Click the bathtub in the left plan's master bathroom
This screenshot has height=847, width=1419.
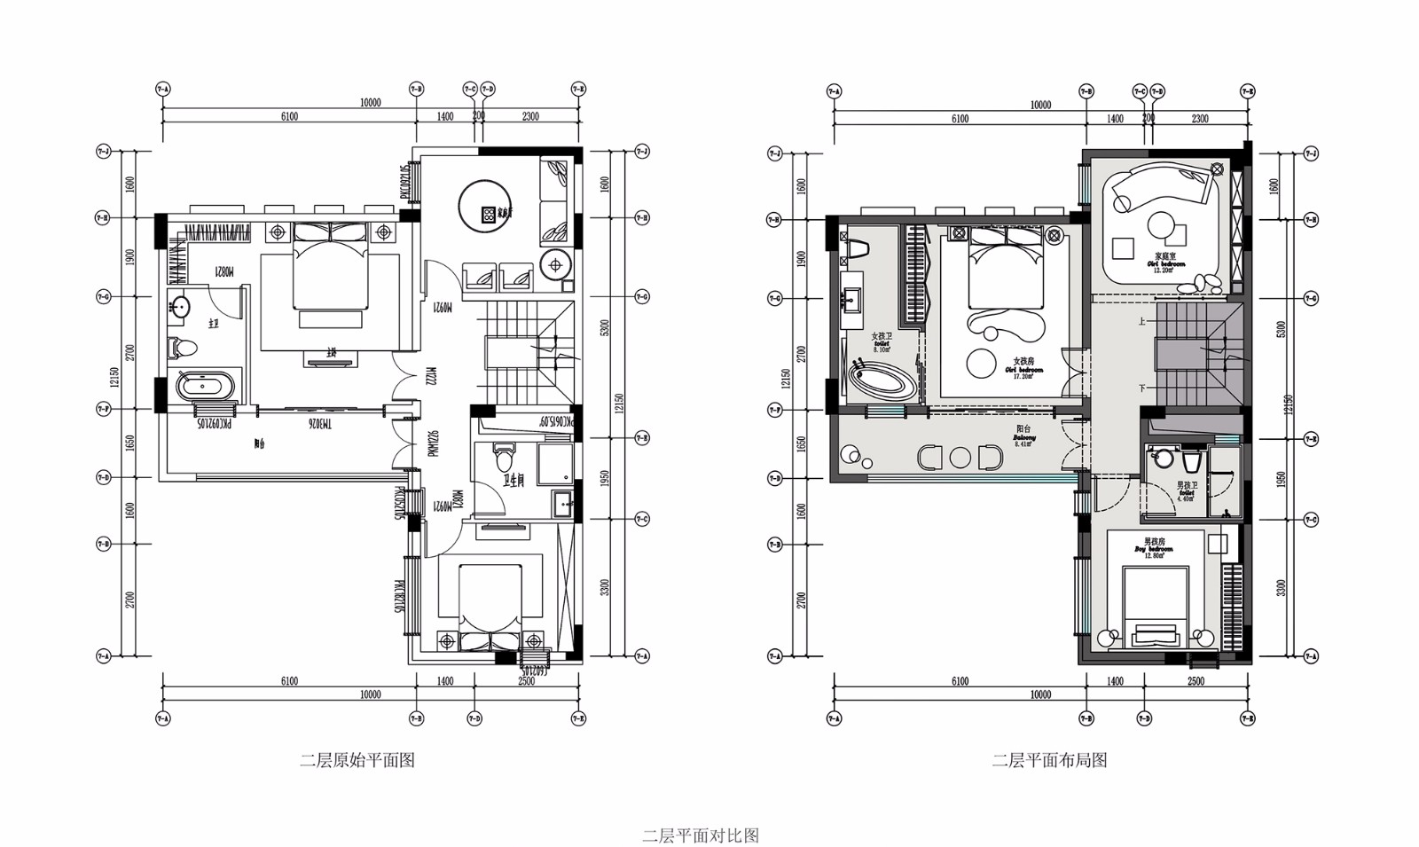[205, 388]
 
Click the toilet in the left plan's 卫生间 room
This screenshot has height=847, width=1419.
[504, 458]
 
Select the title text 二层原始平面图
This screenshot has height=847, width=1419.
[357, 760]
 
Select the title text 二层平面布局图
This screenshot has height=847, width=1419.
[1049, 760]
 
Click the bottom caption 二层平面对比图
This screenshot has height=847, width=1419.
[700, 835]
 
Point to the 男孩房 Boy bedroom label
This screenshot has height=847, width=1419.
[1154, 545]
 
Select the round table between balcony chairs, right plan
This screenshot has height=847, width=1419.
[961, 458]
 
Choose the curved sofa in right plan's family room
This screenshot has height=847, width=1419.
[1157, 184]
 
